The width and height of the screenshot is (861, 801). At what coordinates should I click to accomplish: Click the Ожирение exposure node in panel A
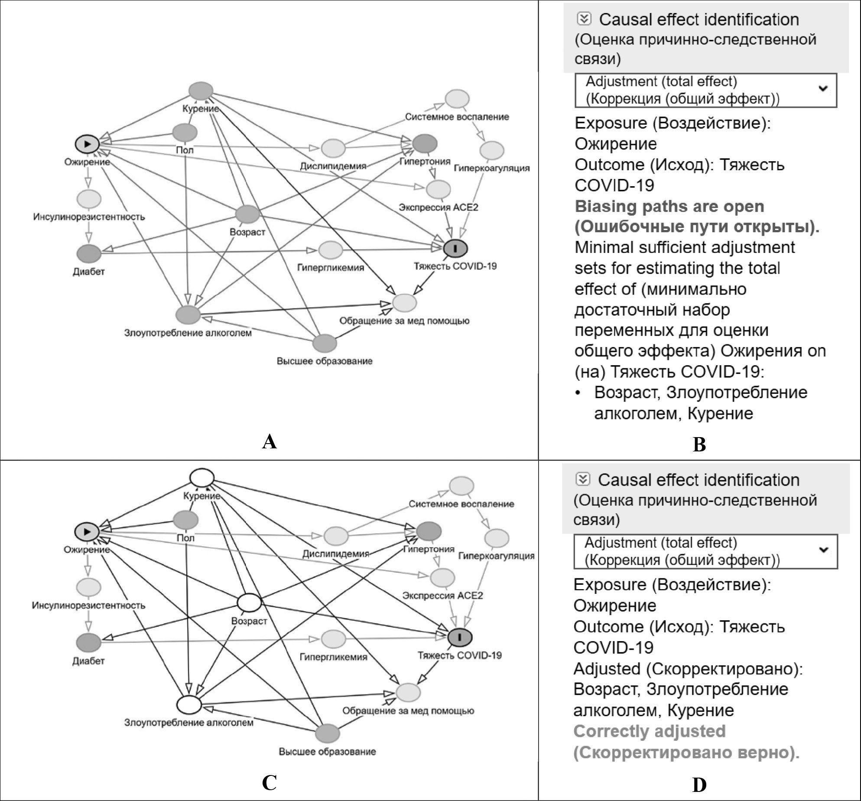[x=87, y=143]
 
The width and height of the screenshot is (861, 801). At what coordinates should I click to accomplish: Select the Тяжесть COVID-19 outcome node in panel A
[x=455, y=248]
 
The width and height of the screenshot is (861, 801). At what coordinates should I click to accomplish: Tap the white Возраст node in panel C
[x=249, y=603]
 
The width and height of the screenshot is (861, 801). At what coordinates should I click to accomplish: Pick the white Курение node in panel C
[x=202, y=478]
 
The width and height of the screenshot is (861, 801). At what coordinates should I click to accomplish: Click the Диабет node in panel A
[x=89, y=254]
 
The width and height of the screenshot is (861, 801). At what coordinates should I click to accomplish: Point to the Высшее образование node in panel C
[x=327, y=733]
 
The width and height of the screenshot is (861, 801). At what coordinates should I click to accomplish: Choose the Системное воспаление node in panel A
[x=457, y=99]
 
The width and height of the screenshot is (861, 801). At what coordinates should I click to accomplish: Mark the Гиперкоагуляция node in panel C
[x=497, y=538]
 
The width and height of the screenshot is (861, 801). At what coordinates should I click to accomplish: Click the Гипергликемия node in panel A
[x=331, y=250]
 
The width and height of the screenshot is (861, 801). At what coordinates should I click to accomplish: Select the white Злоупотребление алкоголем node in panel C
[x=189, y=705]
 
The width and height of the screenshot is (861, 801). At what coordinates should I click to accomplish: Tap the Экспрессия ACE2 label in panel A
[x=438, y=208]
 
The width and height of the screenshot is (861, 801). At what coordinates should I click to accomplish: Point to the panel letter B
[x=699, y=444]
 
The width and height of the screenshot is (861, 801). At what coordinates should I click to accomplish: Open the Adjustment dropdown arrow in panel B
[x=822, y=89]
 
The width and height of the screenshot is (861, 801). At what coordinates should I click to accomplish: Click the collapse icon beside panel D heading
[x=583, y=479]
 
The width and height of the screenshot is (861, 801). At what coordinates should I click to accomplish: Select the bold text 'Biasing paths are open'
[x=669, y=207]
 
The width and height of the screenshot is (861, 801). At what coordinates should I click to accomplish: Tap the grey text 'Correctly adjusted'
[x=649, y=731]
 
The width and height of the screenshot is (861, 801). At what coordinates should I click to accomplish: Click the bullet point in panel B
[x=578, y=393]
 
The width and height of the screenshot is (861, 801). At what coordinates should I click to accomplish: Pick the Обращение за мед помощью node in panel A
[x=405, y=302]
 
